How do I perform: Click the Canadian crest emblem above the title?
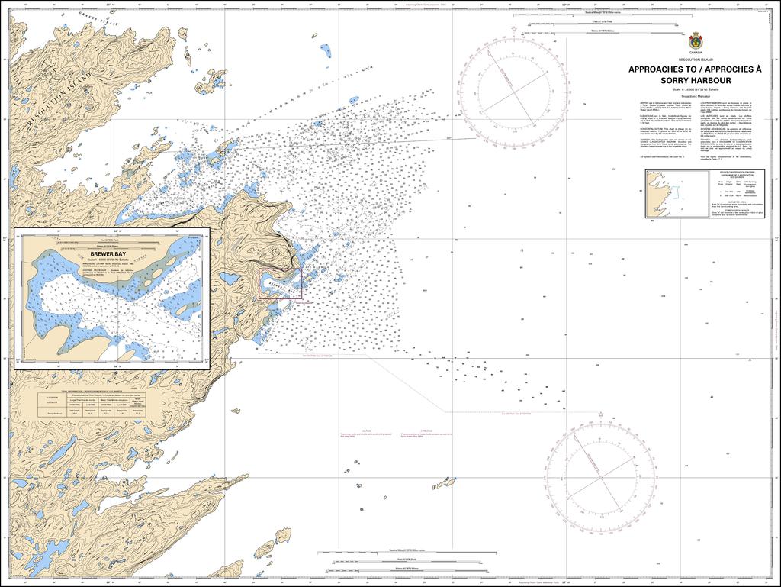point(695,40)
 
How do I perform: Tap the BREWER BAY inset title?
point(108,253)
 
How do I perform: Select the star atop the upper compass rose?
point(514,30)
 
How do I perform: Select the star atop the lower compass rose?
point(601,416)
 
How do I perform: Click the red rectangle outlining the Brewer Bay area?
point(280,283)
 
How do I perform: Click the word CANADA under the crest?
point(695,53)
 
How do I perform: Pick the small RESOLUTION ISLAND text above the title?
point(695,60)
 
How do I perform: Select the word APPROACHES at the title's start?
point(655,69)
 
